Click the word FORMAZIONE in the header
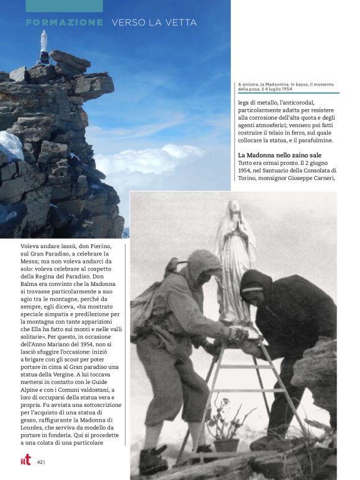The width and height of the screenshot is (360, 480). tap(65, 23)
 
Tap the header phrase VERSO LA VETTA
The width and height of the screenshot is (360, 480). tap(154, 23)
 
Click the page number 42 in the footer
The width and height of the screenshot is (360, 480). tap(40, 462)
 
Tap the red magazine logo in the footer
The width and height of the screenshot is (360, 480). tap(25, 461)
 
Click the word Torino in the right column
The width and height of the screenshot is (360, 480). tap(250, 178)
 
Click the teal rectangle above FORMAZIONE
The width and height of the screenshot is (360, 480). tap(65, 6)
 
